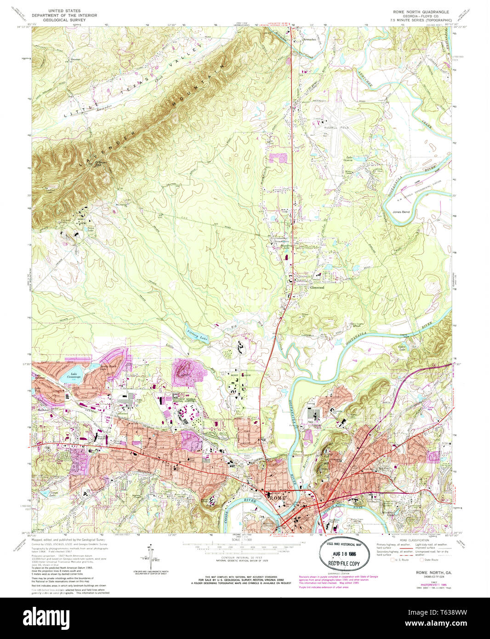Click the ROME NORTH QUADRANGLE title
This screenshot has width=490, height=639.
pyautogui.click(x=421, y=11)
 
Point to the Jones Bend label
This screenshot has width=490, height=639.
pyautogui.click(x=401, y=212)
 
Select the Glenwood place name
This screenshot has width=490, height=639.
pyautogui.click(x=317, y=288)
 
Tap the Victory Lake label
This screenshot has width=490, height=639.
pyautogui.click(x=196, y=335)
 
